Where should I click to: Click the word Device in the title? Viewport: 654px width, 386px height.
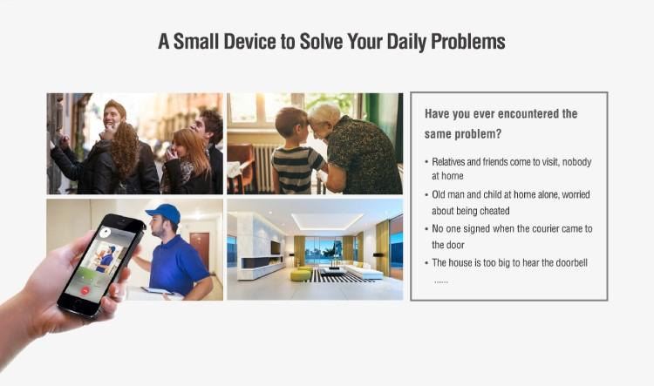(x=249, y=41)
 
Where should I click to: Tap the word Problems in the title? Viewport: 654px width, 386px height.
(x=467, y=41)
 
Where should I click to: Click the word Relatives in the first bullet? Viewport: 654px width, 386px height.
(x=449, y=162)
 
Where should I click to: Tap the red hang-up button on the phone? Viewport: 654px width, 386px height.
(x=85, y=290)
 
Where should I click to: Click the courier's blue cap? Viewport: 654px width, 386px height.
(x=164, y=213)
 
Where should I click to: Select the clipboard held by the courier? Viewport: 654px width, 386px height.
(x=158, y=290)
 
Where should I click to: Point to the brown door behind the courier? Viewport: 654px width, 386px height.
(x=200, y=250)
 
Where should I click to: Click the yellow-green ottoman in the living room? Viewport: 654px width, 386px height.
(x=301, y=274)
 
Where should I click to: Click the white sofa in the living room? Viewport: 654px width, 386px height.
(x=362, y=270)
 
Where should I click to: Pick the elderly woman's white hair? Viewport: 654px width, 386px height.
(x=326, y=113)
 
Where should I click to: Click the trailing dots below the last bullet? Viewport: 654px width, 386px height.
(x=441, y=282)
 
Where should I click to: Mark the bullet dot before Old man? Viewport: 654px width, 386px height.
(x=426, y=194)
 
